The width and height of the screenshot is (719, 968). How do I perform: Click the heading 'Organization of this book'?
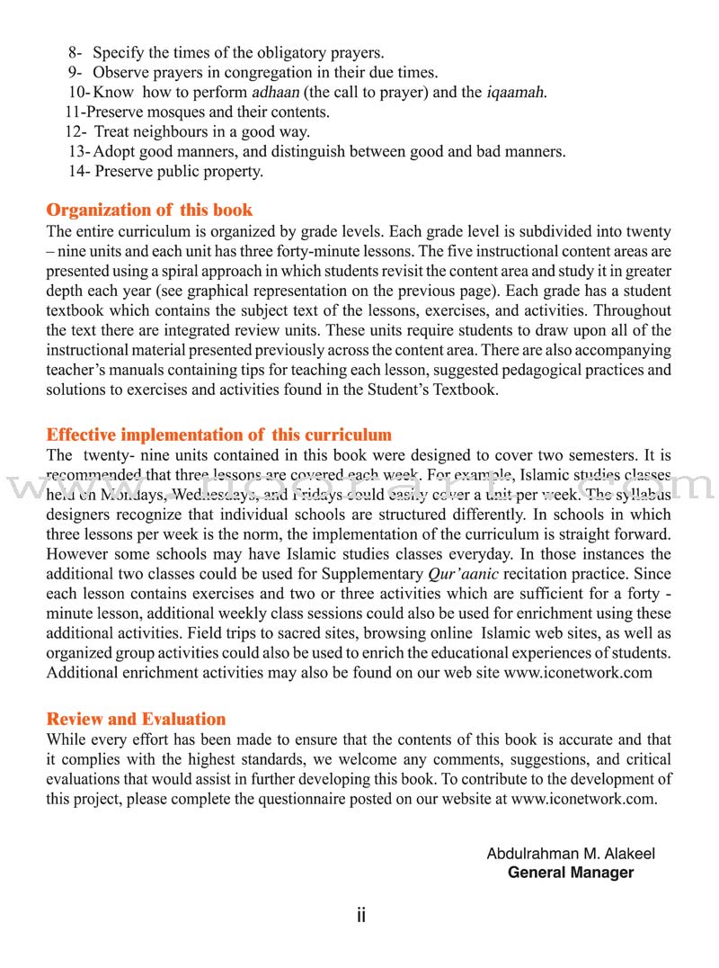tap(149, 211)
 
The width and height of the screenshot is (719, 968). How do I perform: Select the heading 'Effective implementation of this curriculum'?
tap(218, 435)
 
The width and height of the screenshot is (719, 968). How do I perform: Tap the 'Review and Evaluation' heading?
tap(136, 719)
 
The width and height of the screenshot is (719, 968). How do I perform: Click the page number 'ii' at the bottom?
tap(360, 916)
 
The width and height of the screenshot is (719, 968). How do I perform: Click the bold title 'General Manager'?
tap(571, 873)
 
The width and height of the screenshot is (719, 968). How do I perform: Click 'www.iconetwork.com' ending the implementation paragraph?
tap(577, 673)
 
